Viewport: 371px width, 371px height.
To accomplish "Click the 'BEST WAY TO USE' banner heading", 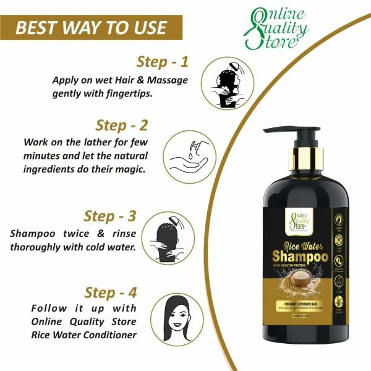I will point(91,28).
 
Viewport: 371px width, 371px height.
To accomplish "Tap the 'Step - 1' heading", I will point(162,62).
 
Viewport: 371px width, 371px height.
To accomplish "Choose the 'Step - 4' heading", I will point(117,292).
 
